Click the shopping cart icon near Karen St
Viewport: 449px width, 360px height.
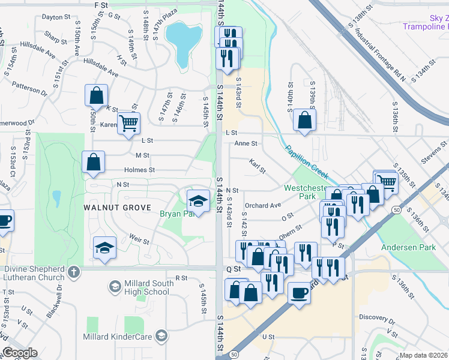point(128,124)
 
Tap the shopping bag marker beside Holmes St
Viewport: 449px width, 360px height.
point(94,162)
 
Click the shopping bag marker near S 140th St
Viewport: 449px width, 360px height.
point(305,119)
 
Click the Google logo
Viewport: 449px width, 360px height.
point(20,353)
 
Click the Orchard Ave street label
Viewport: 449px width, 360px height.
point(263,205)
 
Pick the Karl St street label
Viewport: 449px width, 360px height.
point(258,166)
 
